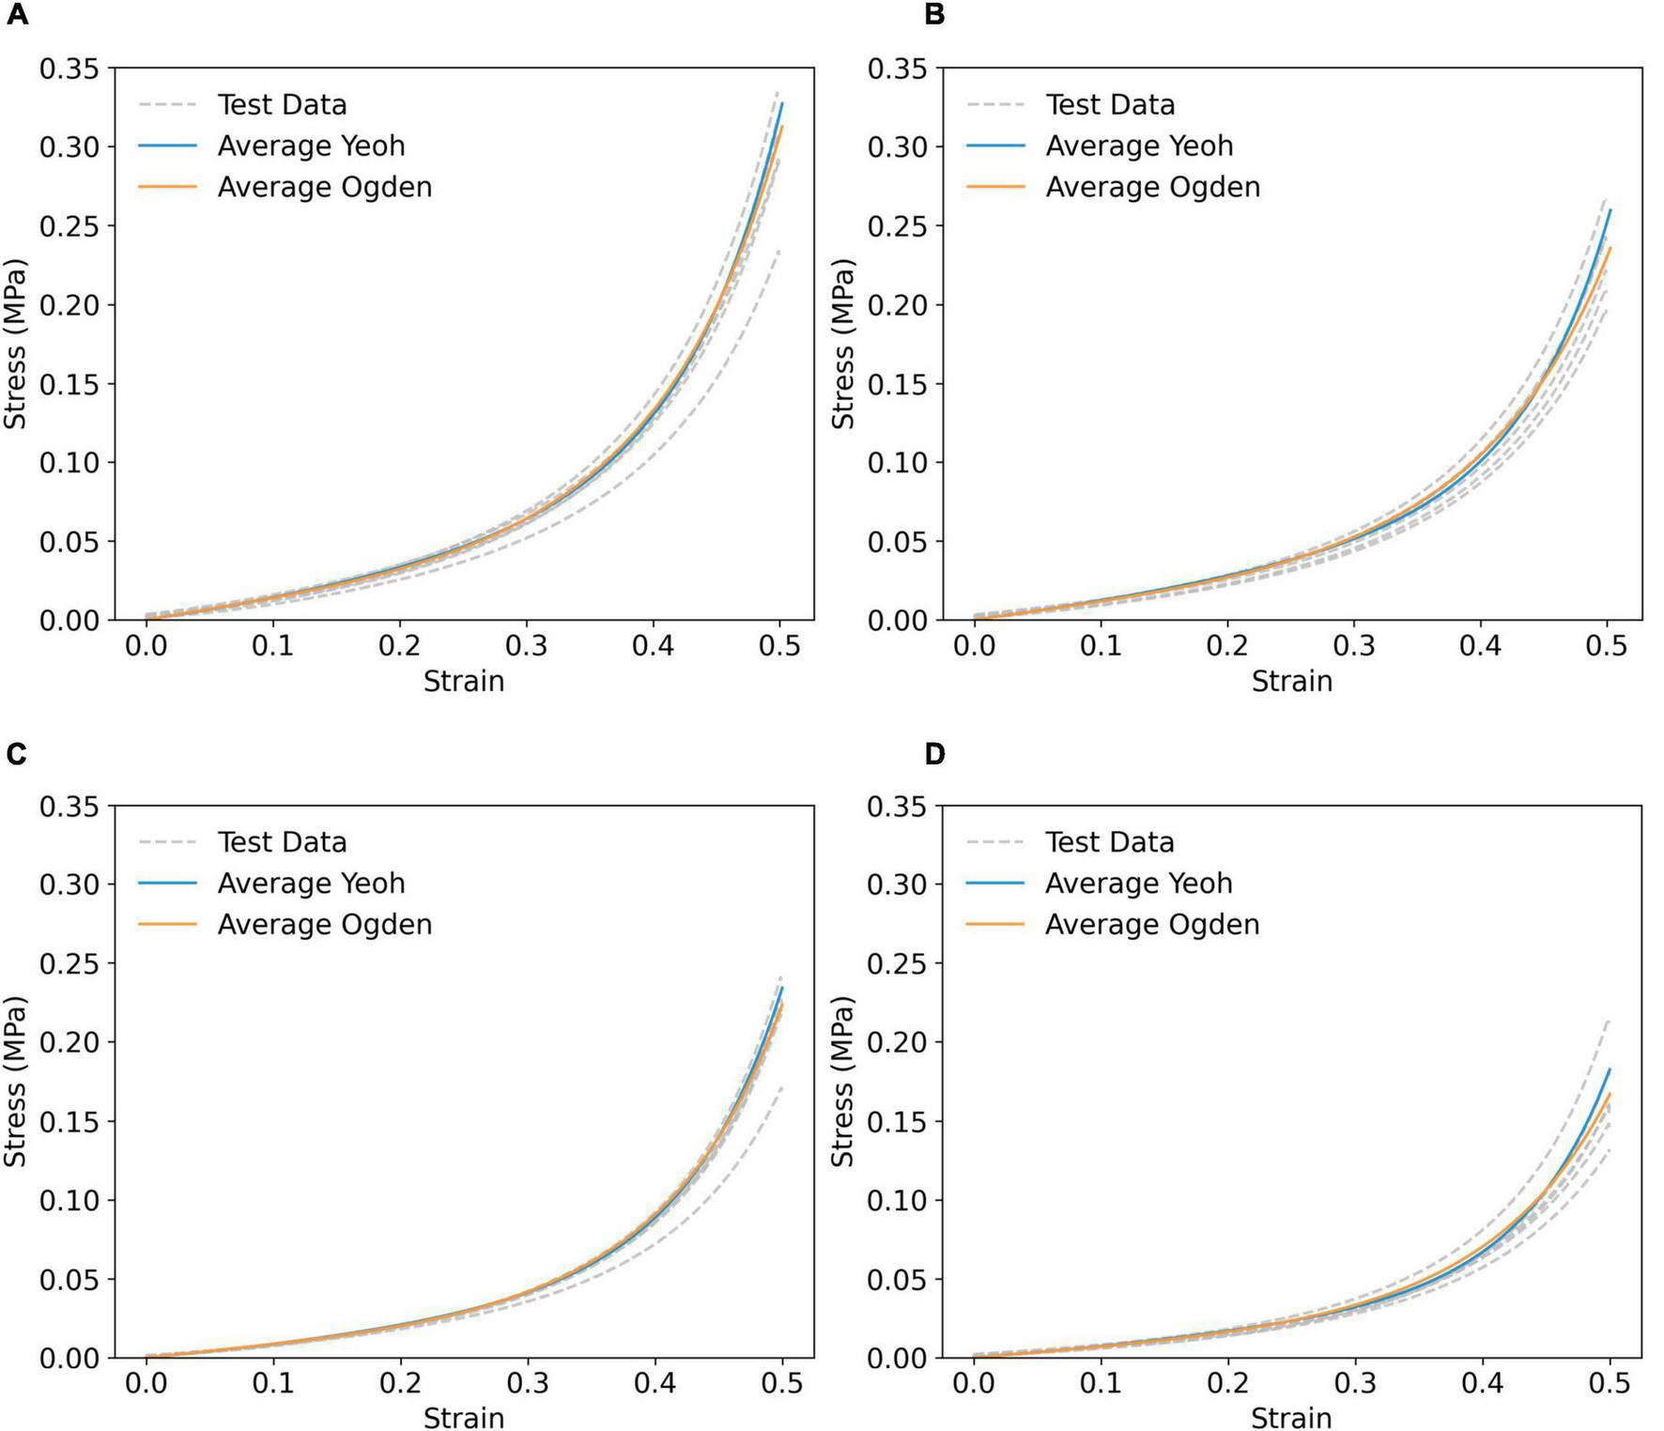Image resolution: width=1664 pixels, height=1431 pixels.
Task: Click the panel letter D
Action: tap(933, 754)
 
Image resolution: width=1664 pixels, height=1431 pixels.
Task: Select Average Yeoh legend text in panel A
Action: tap(311, 146)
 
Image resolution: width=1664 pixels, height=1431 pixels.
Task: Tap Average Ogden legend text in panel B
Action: tap(1152, 187)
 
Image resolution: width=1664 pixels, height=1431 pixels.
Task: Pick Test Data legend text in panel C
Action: tap(282, 842)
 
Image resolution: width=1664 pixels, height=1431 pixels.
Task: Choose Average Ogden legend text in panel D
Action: tap(1152, 925)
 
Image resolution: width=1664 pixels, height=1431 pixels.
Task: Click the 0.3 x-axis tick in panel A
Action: tap(526, 646)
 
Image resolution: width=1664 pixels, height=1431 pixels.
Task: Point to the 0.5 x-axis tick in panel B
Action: tap(1607, 646)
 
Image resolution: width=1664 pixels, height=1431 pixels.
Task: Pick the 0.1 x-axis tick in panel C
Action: tap(272, 1384)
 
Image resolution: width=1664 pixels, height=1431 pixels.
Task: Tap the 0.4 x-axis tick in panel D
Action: tap(1481, 1384)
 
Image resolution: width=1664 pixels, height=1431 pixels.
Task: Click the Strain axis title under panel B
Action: tap(1291, 681)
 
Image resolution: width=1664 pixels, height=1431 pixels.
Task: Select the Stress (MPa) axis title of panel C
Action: tap(15, 1082)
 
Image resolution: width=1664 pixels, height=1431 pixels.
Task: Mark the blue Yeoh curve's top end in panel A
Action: tap(781, 104)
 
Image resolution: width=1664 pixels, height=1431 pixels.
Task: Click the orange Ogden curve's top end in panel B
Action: tap(1610, 249)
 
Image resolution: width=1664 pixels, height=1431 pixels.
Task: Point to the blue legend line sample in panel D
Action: tap(995, 884)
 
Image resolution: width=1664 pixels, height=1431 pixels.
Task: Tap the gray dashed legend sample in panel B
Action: tap(995, 104)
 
